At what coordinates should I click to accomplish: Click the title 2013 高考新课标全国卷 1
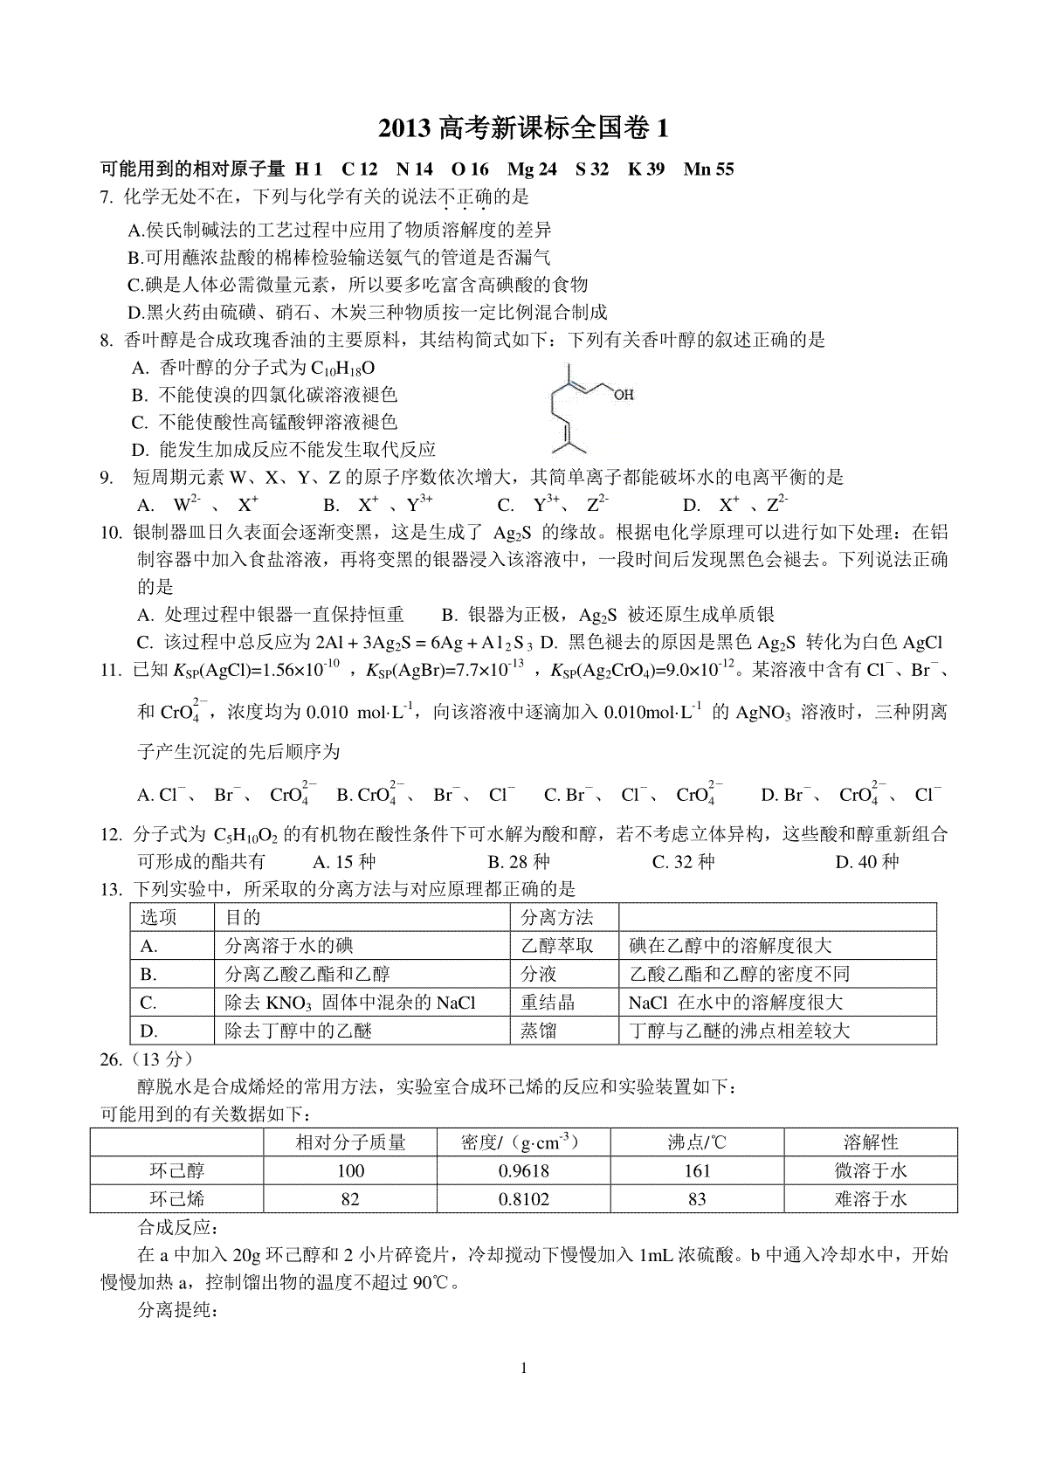524,128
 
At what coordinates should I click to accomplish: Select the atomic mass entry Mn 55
708,169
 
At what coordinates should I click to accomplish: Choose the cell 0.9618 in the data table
524,1170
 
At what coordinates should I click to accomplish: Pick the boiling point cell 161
696,1170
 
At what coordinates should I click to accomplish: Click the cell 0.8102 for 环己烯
524,1199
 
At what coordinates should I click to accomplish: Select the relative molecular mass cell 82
350,1199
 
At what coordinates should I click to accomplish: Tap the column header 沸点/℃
696,1142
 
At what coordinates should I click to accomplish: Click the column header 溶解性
871,1142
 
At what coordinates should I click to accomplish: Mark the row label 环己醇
177,1170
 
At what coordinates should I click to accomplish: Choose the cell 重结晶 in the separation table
548,1002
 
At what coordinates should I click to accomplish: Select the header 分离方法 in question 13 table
556,917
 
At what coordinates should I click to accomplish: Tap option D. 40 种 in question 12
866,862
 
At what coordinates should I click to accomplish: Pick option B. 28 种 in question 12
519,862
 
